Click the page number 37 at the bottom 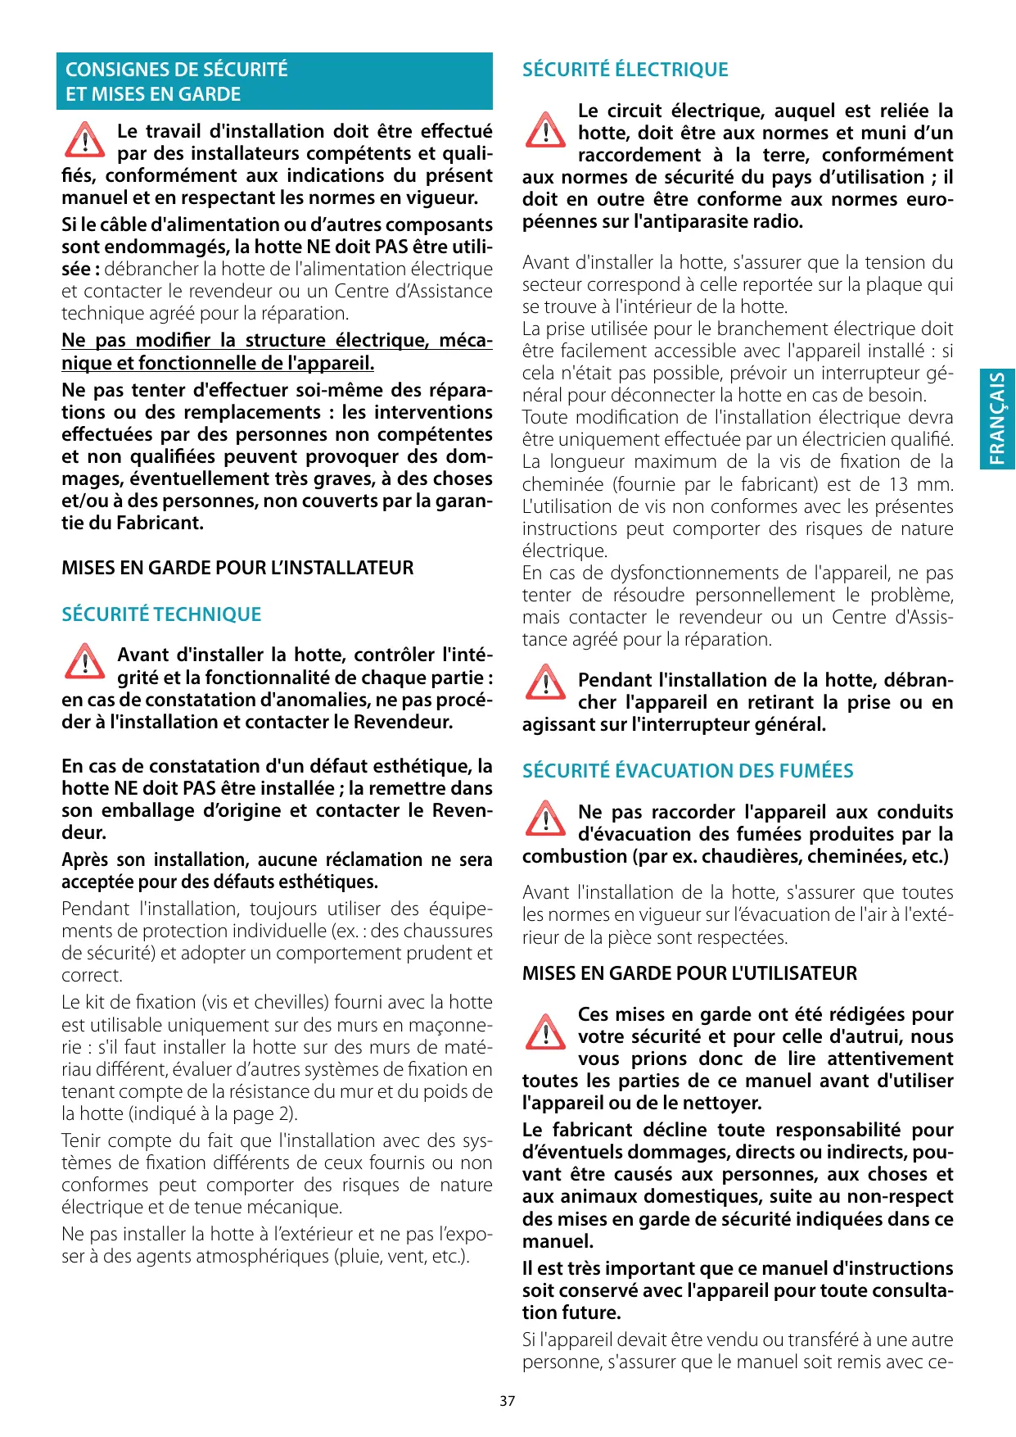pos(508,1401)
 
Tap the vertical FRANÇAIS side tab pos(997,419)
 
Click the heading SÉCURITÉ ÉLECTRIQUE pos(625,70)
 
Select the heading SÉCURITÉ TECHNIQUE pos(161,614)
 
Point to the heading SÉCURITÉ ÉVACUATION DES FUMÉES pos(688,771)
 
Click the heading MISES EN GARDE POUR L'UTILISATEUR pos(689,973)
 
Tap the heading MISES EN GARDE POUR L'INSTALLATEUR pos(237,568)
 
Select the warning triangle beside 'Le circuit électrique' pos(544,129)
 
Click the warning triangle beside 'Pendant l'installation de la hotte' pos(544,682)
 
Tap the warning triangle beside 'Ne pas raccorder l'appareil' pos(544,818)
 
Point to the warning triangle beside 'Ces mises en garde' pos(544,1031)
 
